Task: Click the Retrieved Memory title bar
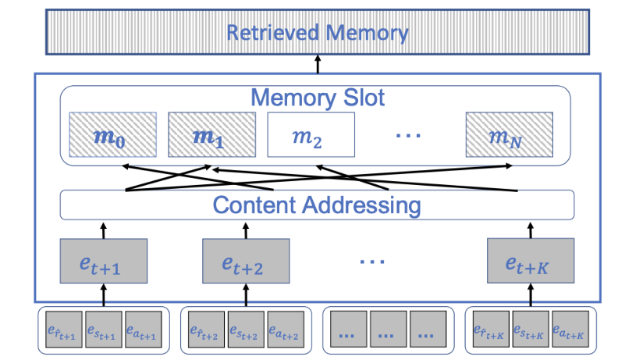(318, 34)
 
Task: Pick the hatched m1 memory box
(208, 138)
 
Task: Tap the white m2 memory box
(311, 138)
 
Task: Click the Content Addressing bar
(317, 205)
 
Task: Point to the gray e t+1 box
(103, 261)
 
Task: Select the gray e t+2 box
(246, 261)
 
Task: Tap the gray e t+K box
(531, 261)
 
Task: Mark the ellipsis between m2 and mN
(409, 137)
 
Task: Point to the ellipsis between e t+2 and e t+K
(372, 260)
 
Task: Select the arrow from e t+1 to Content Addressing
(103, 230)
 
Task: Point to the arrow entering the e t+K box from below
(531, 295)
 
